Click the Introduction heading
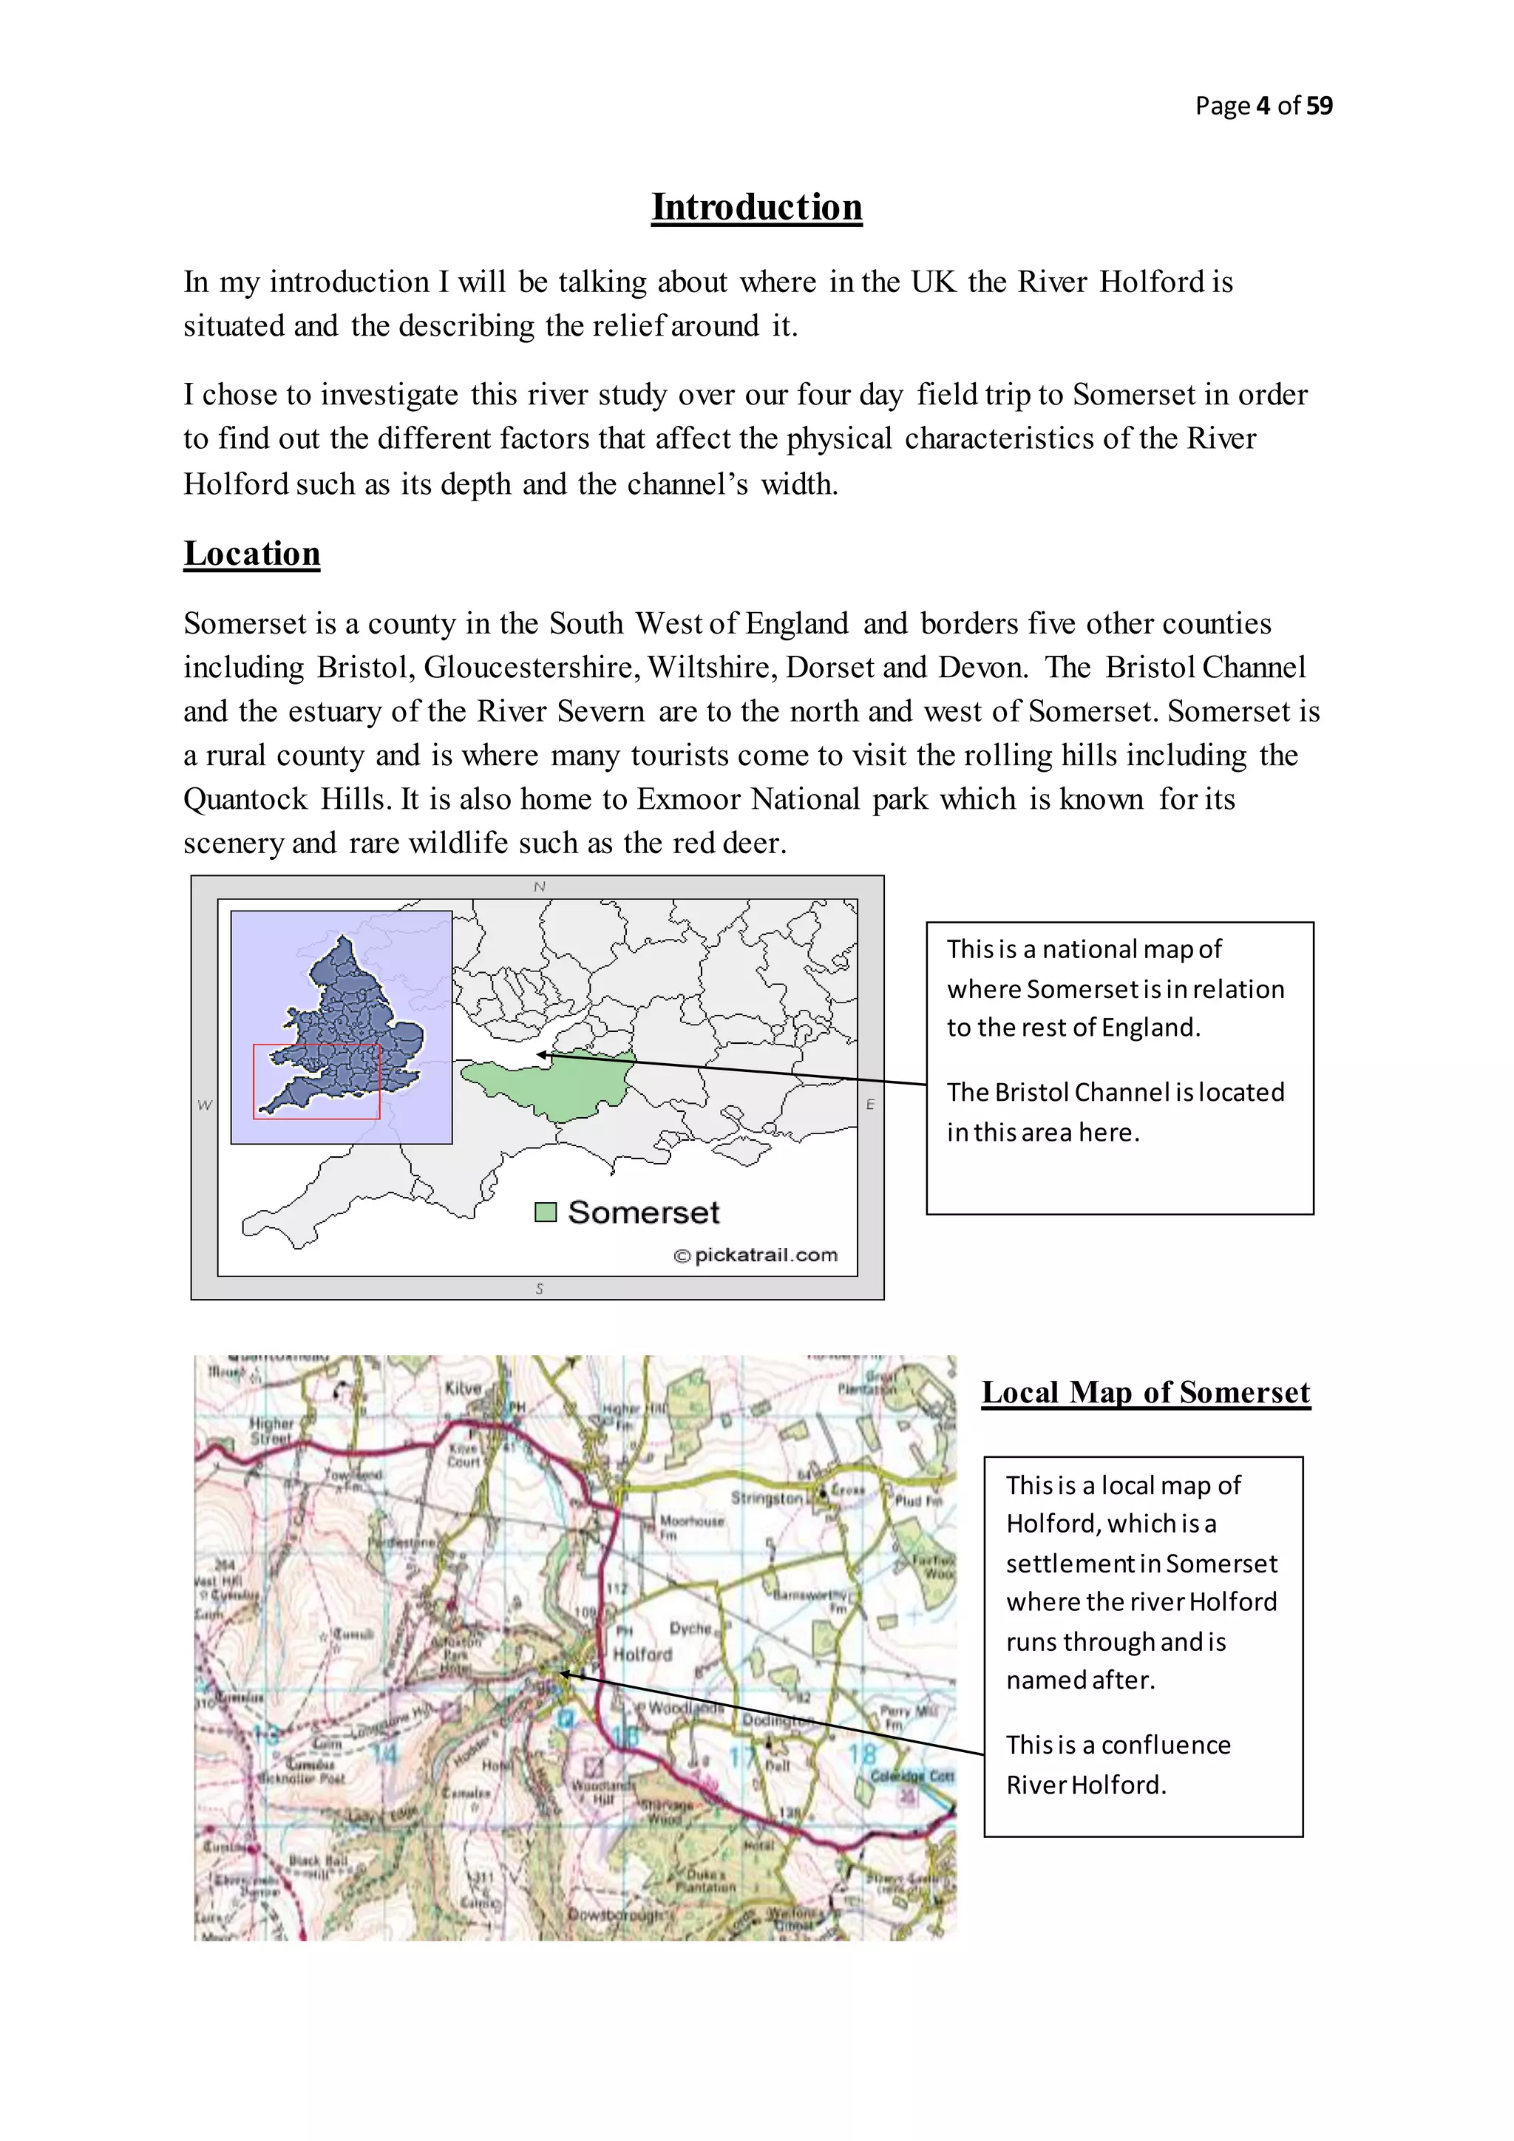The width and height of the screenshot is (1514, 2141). (756, 207)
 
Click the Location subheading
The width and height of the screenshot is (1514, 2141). (251, 554)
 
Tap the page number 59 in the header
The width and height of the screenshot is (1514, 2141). (1319, 106)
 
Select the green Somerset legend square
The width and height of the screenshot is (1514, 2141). (546, 1212)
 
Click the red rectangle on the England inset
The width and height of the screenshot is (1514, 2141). (317, 1082)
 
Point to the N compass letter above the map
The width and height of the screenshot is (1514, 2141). (539, 887)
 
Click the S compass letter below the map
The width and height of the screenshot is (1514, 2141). (539, 1289)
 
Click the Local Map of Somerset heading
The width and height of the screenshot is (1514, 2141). (1146, 1392)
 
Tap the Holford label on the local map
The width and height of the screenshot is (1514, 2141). (642, 1655)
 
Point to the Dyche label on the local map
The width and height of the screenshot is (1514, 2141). (690, 1628)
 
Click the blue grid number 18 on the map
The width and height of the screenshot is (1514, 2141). (863, 1754)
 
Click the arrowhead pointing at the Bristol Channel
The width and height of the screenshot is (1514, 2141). (540, 1055)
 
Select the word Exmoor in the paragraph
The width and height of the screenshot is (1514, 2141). (688, 799)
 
